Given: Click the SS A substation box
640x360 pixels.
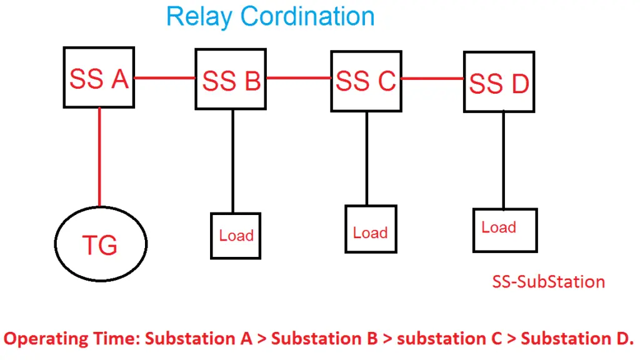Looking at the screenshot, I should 99,77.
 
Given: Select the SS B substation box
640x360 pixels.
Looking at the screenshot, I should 231,79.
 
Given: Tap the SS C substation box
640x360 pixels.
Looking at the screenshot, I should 366,80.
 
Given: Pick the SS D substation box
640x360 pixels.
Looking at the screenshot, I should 499,82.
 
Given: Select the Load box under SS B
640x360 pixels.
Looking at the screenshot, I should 236,235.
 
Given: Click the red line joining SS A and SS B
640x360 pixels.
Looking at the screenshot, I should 165,78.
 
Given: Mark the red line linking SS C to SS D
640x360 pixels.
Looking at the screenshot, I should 432,79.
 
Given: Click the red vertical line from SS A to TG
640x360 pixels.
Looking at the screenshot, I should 99,156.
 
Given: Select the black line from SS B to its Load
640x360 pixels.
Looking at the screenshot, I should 233,161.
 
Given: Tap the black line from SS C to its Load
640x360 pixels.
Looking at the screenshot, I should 367,158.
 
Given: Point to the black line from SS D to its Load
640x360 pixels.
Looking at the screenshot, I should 504,160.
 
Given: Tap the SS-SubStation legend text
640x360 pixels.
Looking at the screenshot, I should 548,282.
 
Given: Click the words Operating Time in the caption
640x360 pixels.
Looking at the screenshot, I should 71,339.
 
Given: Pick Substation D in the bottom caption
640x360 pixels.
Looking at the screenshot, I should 577,339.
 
